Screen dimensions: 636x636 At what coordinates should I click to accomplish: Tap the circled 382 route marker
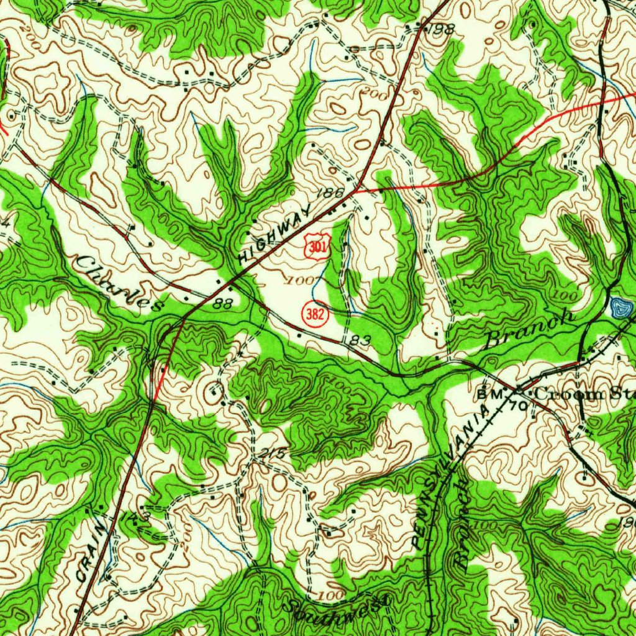click(315, 314)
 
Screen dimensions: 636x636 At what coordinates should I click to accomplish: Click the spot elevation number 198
click(444, 29)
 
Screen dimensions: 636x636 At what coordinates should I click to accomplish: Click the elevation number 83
click(360, 340)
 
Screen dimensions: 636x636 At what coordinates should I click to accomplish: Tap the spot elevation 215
click(271, 454)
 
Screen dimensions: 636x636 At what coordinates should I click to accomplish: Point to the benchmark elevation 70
click(520, 406)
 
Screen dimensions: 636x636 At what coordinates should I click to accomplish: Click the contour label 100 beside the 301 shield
click(301, 281)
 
